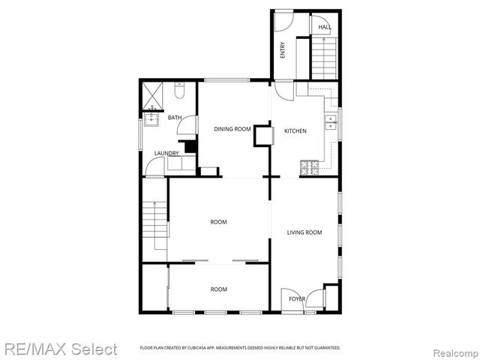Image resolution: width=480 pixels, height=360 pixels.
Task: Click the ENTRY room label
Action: point(283,49)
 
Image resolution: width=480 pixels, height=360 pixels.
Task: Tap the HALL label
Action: point(324,27)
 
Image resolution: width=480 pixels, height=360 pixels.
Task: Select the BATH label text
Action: point(174,118)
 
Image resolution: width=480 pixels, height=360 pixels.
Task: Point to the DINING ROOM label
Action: point(232,130)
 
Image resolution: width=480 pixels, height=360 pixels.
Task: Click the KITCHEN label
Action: point(295,131)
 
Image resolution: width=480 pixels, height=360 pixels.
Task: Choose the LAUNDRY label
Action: point(166,154)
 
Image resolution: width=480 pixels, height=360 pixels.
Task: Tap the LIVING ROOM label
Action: point(304,232)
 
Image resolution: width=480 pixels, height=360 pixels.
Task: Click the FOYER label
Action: point(297,299)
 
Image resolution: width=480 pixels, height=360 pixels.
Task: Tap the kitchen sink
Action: point(330,121)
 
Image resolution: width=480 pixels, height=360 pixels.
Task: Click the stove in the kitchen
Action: point(308,167)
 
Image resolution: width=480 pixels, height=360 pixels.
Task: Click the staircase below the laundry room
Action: point(154,226)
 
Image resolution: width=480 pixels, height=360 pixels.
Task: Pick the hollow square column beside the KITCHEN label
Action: point(264,136)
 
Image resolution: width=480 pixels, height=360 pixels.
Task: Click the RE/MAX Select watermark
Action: point(60,349)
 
